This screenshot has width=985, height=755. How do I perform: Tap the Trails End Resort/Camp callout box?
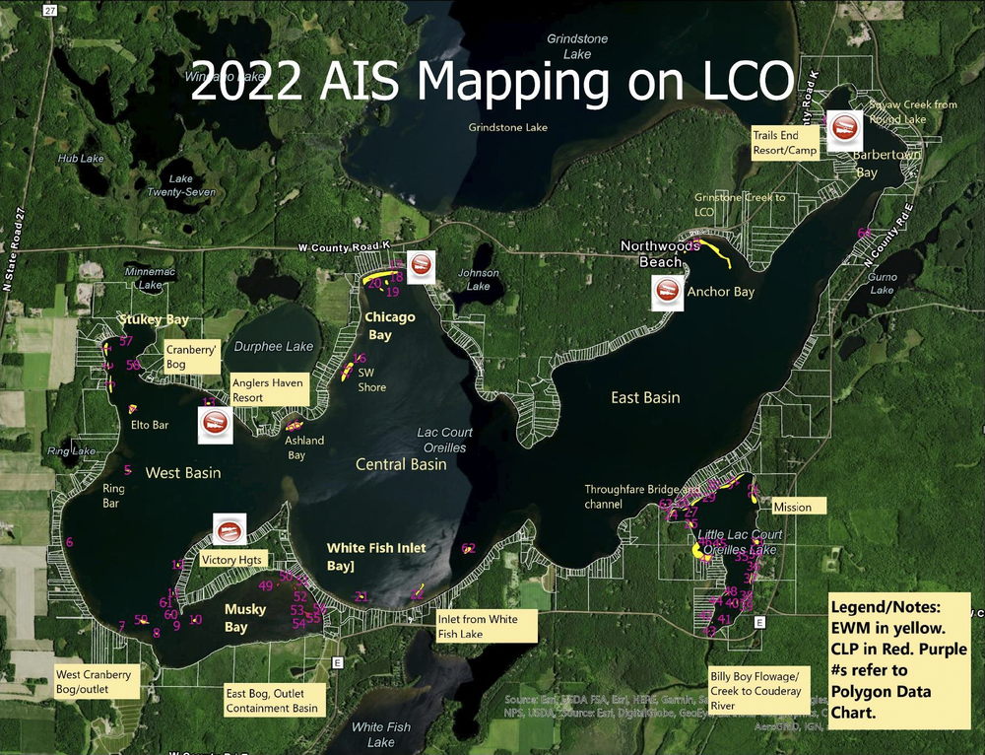point(784,143)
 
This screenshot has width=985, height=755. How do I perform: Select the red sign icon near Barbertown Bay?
point(844,127)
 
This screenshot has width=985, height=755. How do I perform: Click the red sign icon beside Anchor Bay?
point(667,292)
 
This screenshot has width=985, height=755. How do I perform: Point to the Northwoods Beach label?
point(659,254)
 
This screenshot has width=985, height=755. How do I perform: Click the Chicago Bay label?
point(390,326)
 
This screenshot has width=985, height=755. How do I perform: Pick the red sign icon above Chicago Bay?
point(422,264)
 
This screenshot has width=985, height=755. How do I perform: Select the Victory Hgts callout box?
point(231,559)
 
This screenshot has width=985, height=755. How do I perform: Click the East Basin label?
point(645,397)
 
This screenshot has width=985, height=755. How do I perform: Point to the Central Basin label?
point(401,464)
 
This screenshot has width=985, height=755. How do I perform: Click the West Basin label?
point(183,473)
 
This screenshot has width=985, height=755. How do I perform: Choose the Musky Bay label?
point(244,618)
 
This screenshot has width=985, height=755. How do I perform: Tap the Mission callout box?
point(792,507)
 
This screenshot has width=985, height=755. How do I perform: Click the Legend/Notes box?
point(900,658)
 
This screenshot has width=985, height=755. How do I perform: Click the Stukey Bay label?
point(153,320)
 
